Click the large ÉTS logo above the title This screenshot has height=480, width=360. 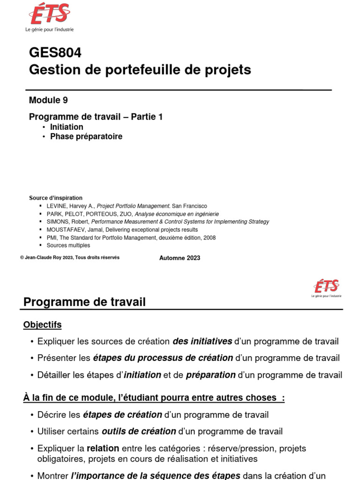click(x=49, y=14)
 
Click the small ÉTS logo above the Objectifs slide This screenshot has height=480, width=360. click(x=326, y=286)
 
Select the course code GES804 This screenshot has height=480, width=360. click(x=55, y=53)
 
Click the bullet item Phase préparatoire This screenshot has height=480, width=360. click(x=86, y=136)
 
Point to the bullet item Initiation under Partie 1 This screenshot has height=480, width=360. click(x=67, y=127)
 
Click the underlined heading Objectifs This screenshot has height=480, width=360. click(x=42, y=325)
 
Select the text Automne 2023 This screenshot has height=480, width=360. click(x=180, y=258)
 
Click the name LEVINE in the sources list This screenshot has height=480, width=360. click(x=58, y=206)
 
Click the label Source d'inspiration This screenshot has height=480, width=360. click(x=55, y=198)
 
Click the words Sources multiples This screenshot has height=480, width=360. click(x=68, y=245)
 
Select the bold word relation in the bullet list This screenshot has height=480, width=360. click(x=103, y=448)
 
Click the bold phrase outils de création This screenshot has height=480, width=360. click(x=139, y=431)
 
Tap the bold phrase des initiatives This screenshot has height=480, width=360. click(x=202, y=341)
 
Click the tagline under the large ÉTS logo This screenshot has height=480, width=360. click(x=49, y=30)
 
